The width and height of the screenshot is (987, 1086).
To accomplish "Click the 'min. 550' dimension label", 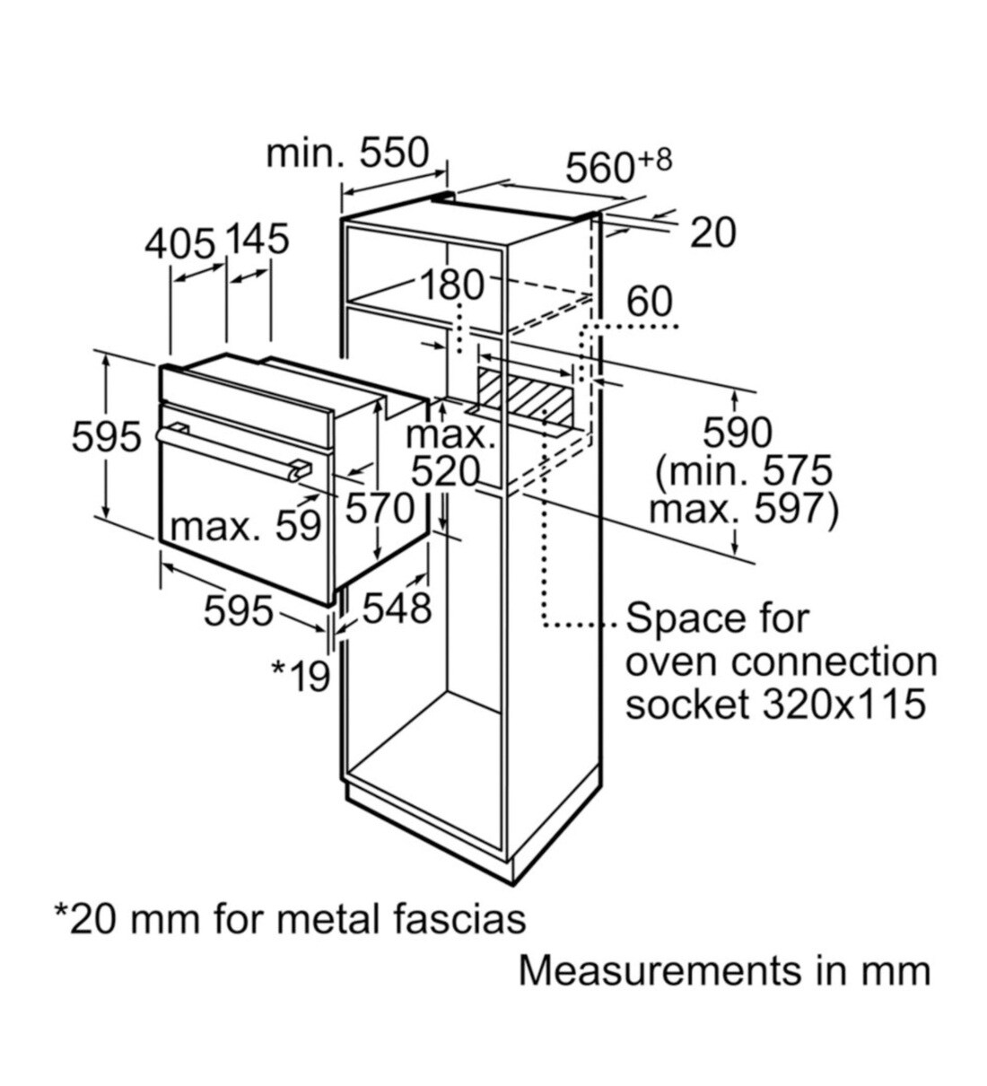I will pos(347,154).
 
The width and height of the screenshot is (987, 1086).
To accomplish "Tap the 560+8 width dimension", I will pos(617,166).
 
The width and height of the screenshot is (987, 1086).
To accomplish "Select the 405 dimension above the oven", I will pos(180,242).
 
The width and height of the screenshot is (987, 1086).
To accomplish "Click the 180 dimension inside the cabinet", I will pos(451,285).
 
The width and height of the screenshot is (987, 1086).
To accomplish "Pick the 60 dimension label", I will pos(649,302).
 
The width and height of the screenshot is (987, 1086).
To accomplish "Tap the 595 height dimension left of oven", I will pos(106,437).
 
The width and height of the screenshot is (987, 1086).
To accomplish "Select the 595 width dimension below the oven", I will pos(238,612).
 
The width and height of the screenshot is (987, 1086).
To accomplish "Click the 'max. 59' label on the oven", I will pos(245,526).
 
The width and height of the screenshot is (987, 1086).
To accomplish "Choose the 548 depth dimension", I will pos(397,609).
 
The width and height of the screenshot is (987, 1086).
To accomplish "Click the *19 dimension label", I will pos(301,676).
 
